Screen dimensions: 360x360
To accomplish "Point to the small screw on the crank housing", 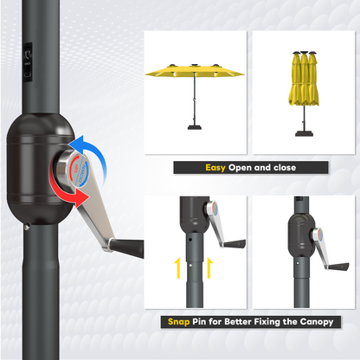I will (28, 228).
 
